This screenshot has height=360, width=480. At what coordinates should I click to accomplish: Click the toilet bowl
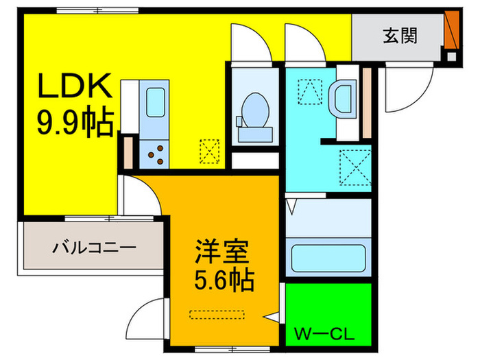click(x=256, y=110)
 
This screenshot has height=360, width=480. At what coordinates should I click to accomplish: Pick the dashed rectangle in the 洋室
click(x=217, y=314)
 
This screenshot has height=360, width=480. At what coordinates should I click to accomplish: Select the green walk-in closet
click(x=328, y=312)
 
